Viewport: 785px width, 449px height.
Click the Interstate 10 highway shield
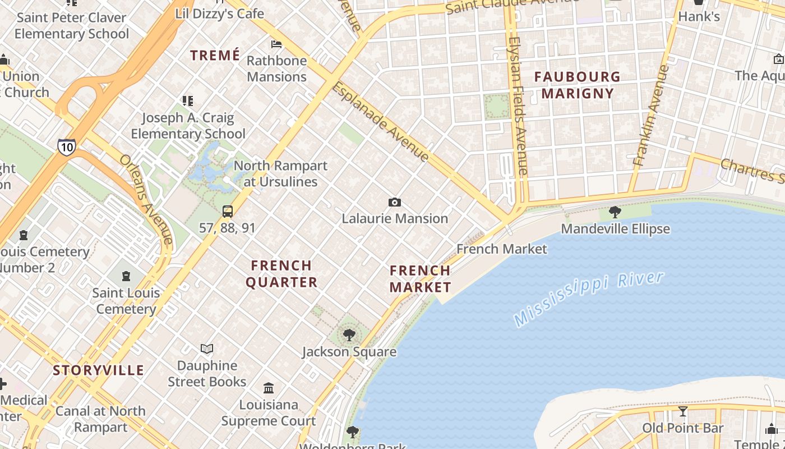tap(66, 147)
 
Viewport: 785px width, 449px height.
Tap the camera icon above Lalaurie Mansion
tap(395, 202)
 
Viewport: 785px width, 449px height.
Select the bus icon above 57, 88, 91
tap(227, 212)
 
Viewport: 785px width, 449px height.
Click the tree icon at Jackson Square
tap(349, 336)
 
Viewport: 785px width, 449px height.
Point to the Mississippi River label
tap(589, 299)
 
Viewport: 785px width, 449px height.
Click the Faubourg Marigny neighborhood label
tap(577, 85)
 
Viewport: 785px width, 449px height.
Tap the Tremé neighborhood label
tap(215, 55)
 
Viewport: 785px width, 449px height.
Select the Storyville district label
tap(99, 370)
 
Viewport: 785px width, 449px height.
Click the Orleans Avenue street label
tap(146, 199)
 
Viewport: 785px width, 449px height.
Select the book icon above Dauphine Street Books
tap(207, 349)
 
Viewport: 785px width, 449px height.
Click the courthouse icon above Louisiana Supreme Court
tap(269, 388)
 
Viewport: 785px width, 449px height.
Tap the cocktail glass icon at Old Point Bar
tap(682, 411)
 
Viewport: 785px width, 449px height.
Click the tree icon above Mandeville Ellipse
tap(615, 212)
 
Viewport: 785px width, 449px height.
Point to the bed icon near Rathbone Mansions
tap(276, 44)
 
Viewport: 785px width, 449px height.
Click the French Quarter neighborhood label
tap(281, 273)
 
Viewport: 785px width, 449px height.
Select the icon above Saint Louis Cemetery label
tap(126, 276)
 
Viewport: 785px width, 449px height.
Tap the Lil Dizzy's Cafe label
tap(220, 13)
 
